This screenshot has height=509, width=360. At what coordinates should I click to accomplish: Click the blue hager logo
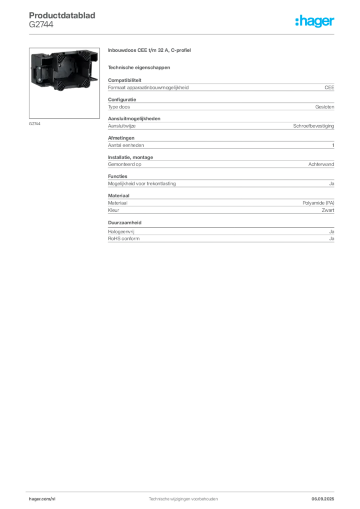315,22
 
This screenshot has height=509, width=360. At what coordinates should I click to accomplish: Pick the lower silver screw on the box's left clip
37,80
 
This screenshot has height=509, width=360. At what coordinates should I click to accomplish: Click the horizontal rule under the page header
182,33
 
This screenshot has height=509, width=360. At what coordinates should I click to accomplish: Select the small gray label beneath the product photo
35,123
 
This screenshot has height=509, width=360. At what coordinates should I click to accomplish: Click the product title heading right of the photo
151,51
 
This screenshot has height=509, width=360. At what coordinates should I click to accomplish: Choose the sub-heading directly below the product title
140,67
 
